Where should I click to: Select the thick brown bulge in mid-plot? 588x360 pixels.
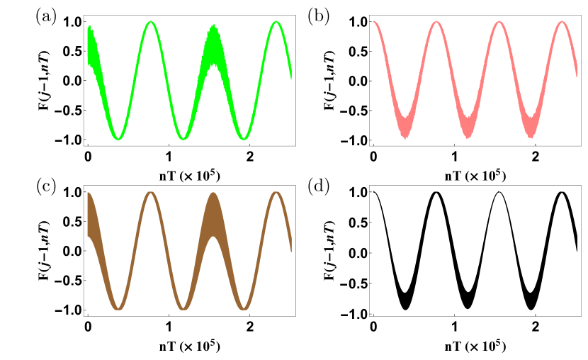pyautogui.click(x=214, y=220)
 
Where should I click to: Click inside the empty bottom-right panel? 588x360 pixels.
pyautogui.click(x=475, y=251)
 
